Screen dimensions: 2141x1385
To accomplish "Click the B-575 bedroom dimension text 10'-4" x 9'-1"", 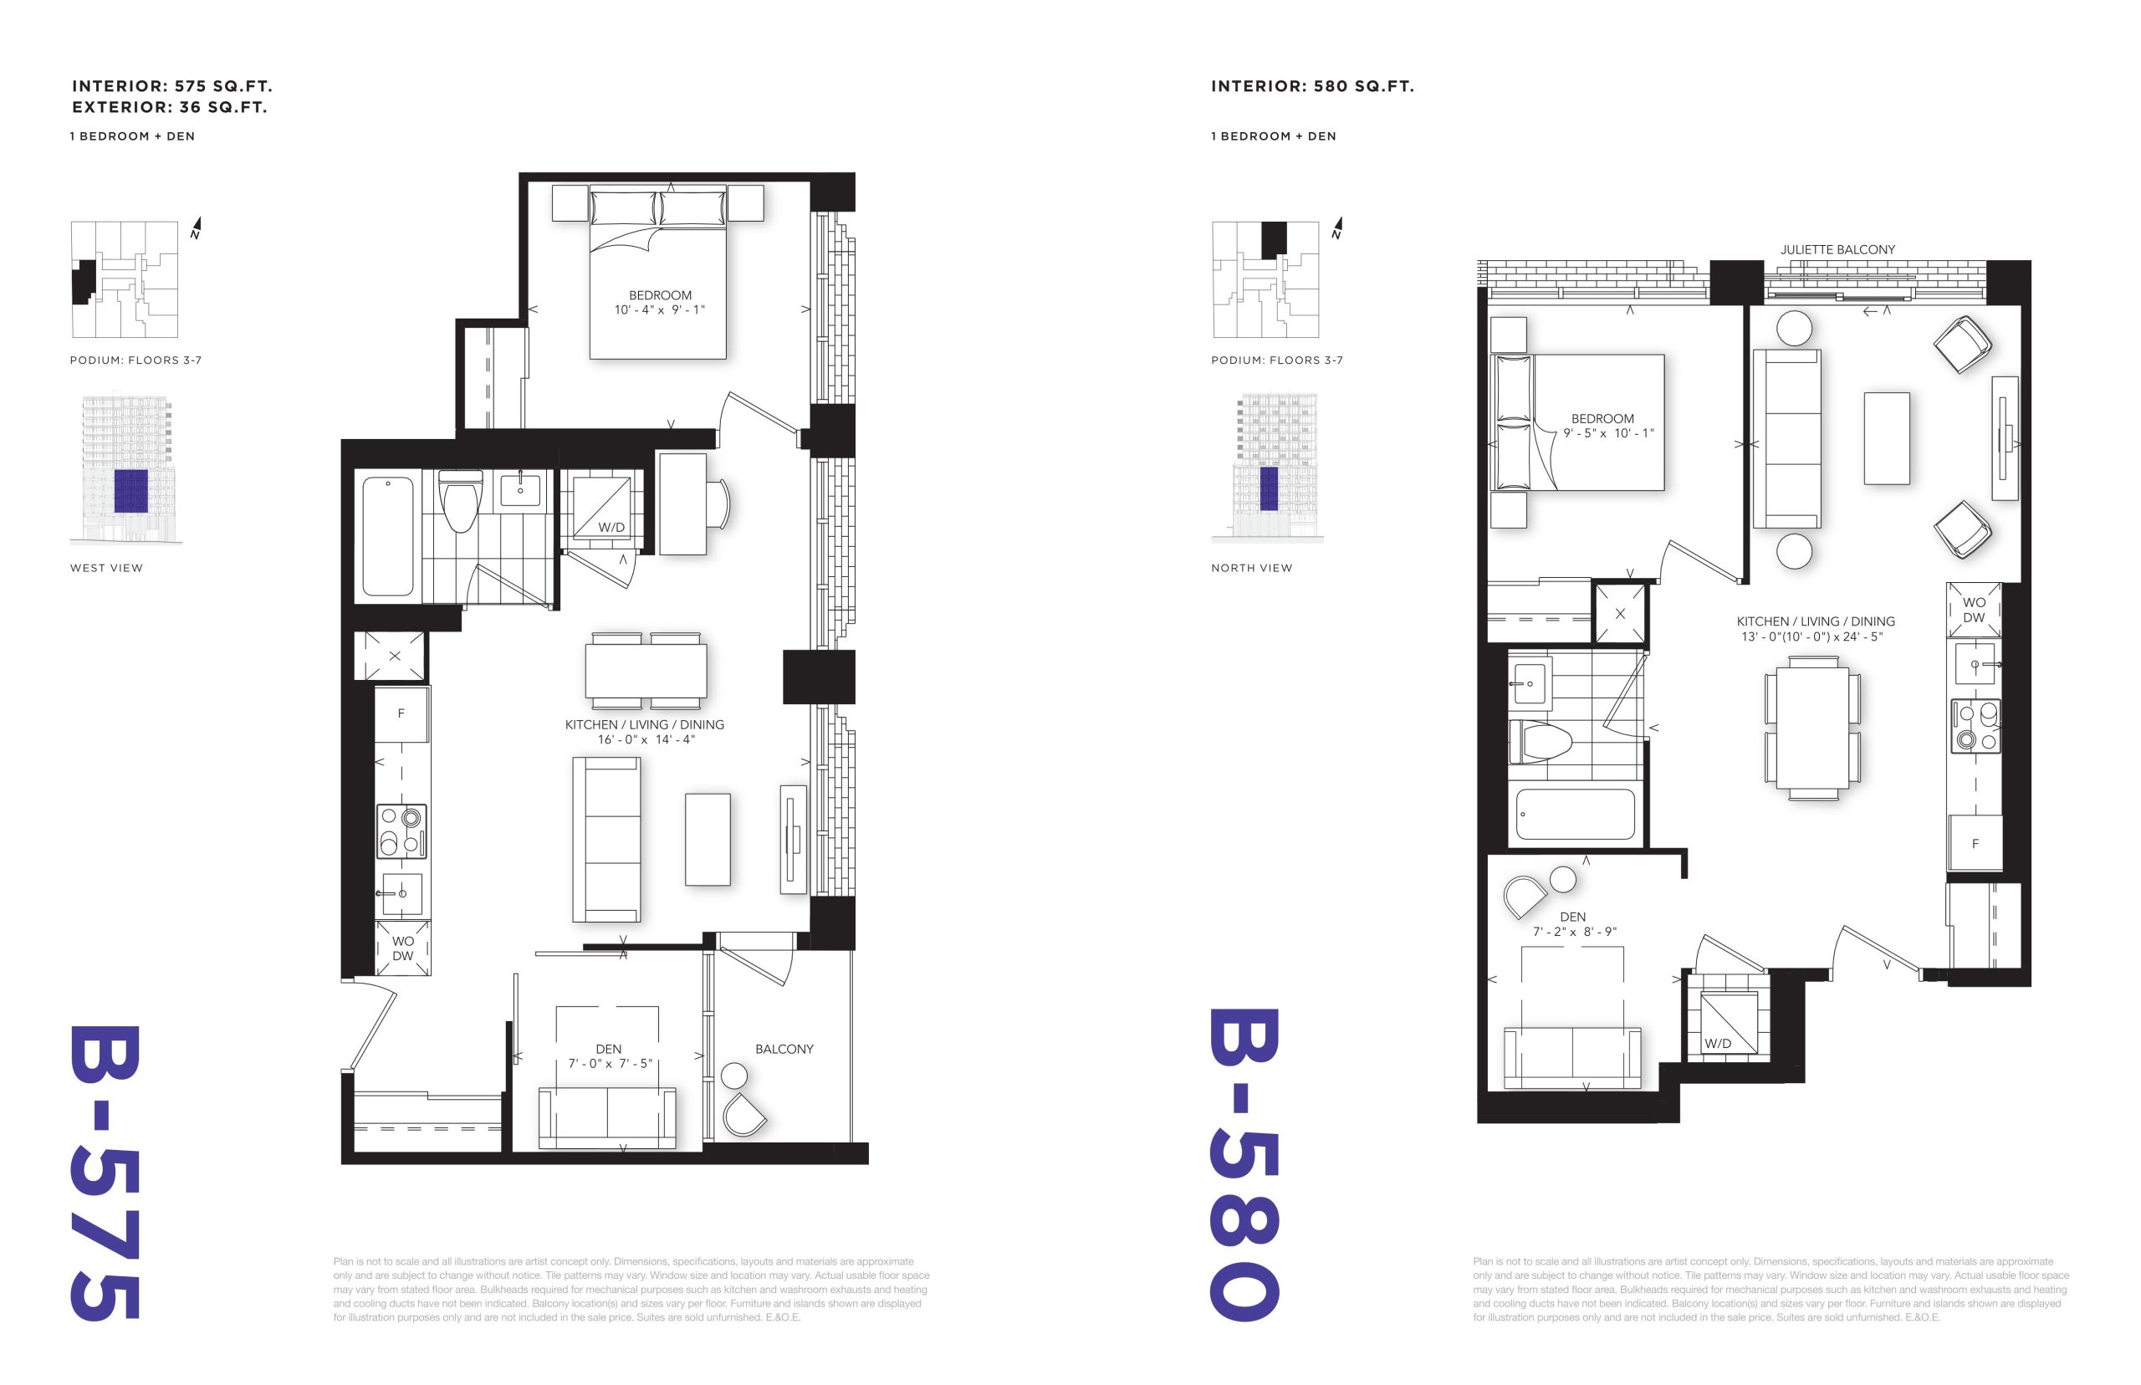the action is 659,310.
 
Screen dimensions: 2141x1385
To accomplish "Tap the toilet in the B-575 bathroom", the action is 459,501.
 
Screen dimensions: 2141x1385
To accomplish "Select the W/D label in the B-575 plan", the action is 611,527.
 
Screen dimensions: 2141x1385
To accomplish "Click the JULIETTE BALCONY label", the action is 1837,249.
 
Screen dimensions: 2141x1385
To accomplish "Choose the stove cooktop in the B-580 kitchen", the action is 1975,726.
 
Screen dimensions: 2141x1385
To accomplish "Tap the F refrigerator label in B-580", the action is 1975,844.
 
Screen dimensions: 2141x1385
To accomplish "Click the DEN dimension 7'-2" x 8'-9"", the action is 1574,932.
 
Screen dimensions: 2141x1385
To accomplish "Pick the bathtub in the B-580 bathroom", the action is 1575,815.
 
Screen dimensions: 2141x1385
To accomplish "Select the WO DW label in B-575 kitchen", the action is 403,948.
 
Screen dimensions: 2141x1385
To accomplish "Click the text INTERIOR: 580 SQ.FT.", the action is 1312,86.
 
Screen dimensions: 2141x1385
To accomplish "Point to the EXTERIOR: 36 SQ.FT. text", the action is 170,107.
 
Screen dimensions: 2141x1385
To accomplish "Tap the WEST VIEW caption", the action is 106,568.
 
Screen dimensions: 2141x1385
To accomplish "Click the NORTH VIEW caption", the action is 1251,568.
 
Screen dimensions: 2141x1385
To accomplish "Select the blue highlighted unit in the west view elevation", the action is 130,491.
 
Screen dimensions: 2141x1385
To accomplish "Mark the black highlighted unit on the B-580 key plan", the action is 1273,239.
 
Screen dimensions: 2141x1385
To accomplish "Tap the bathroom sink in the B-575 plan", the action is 519,490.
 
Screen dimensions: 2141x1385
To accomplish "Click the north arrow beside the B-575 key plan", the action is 196,227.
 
